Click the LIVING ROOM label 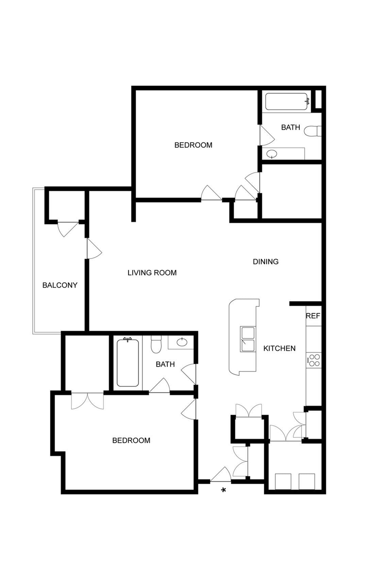pos(152,273)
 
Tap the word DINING pos(266,261)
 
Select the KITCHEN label pos(279,348)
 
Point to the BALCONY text pos(60,285)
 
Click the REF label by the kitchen pos(313,316)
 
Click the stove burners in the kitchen pos(314,360)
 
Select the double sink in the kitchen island pos(248,339)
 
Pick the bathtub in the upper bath pos(287,101)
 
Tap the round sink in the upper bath pos(272,154)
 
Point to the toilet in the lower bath pos(156,344)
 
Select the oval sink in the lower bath pos(182,342)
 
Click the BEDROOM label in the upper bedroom pos(193,145)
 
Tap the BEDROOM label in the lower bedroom pos(131,441)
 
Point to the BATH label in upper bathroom pos(290,127)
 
